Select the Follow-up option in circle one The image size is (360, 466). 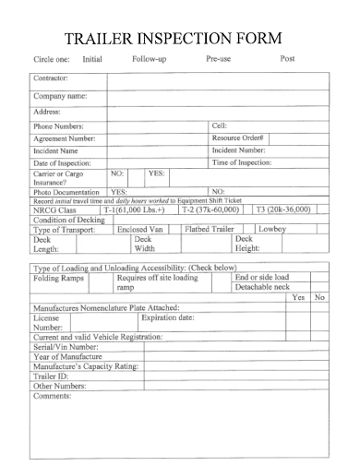149,59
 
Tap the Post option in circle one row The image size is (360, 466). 287,59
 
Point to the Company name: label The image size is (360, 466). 60,96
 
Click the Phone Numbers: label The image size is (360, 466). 58,126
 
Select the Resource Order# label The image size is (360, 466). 238,138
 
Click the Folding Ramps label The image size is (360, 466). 58,278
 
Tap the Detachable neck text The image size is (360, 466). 261,288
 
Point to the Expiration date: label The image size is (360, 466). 167,317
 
